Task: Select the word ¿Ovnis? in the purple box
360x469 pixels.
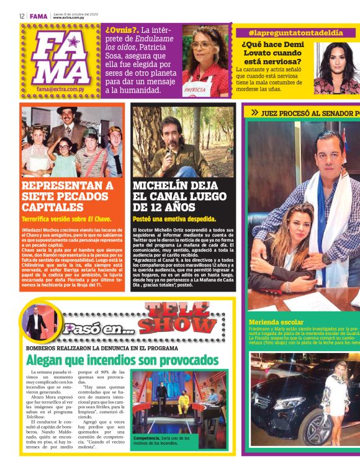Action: (121, 30)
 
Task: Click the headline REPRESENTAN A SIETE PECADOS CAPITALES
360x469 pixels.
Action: (67, 197)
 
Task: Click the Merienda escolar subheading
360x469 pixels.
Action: (276, 322)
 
